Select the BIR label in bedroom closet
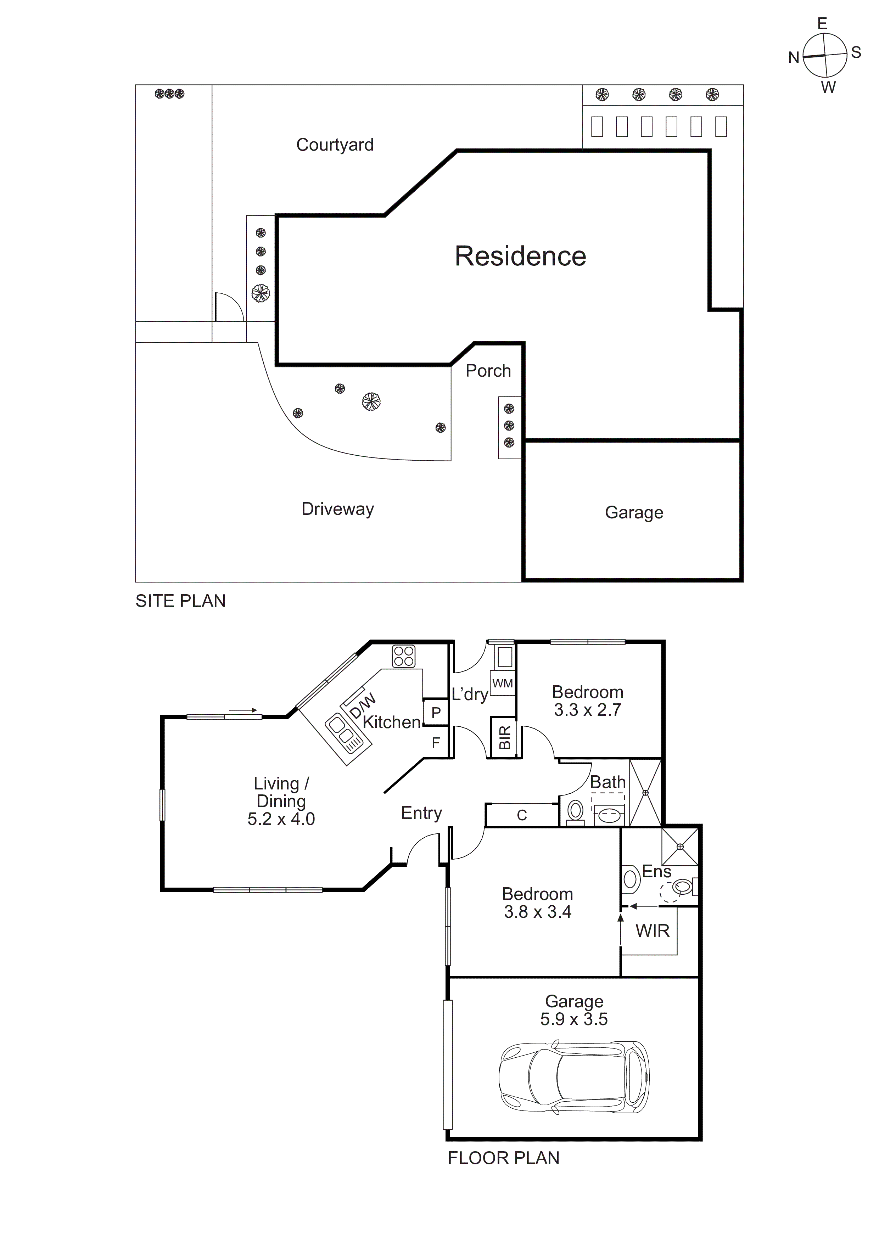tap(504, 737)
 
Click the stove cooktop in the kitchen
tap(403, 656)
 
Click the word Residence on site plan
tap(520, 256)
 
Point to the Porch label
tap(488, 371)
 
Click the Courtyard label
tap(335, 145)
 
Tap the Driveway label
tap(337, 509)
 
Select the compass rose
tap(824, 55)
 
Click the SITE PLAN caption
tap(180, 601)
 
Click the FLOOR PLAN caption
tap(503, 1158)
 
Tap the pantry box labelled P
tap(436, 713)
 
